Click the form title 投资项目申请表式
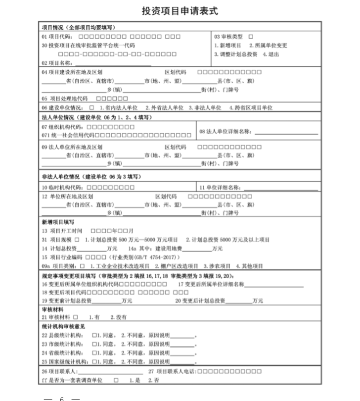(180, 11)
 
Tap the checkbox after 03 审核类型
(251, 37)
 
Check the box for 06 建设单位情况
(91, 107)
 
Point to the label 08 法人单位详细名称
(225, 132)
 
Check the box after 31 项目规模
(77, 240)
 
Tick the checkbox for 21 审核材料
(75, 317)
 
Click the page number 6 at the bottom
(62, 399)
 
